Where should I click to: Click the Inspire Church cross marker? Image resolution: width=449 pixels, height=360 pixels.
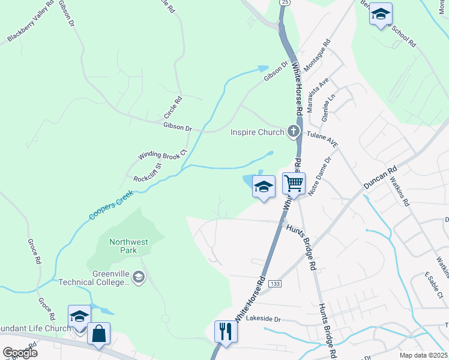(294, 131)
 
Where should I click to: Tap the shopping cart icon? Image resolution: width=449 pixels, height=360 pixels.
(294, 182)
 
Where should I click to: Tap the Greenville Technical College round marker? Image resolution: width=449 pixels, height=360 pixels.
(139, 277)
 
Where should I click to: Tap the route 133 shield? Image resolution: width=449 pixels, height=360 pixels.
(276, 283)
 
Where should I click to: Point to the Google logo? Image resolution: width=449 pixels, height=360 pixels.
(20, 353)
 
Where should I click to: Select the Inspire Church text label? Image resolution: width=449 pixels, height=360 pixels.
(256, 131)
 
